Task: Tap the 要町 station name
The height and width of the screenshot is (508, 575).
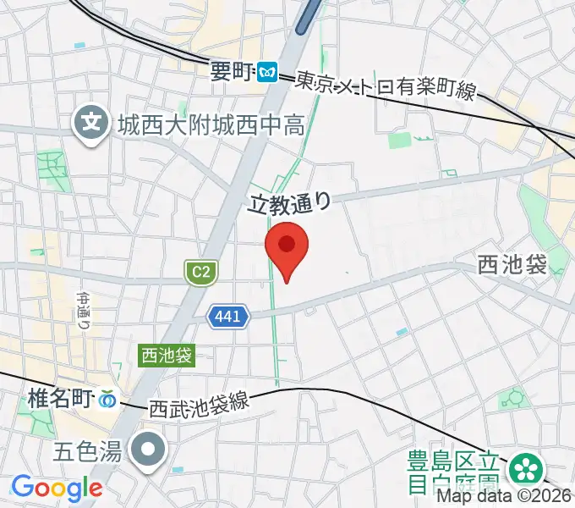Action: coord(232,74)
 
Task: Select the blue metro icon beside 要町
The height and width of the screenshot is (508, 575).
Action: coord(269,74)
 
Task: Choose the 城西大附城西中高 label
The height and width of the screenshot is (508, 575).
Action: coord(211,127)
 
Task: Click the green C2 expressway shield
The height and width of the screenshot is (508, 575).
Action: coord(201,272)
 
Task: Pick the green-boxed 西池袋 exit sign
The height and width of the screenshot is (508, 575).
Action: coord(167,356)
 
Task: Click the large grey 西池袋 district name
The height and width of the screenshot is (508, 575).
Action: coord(512,265)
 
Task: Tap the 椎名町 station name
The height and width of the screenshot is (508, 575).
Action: coord(59,396)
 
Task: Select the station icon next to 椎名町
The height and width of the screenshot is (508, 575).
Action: coord(107,397)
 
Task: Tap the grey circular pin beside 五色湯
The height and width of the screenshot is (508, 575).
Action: coord(150,448)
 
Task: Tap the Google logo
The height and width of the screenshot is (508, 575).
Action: coord(56,488)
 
